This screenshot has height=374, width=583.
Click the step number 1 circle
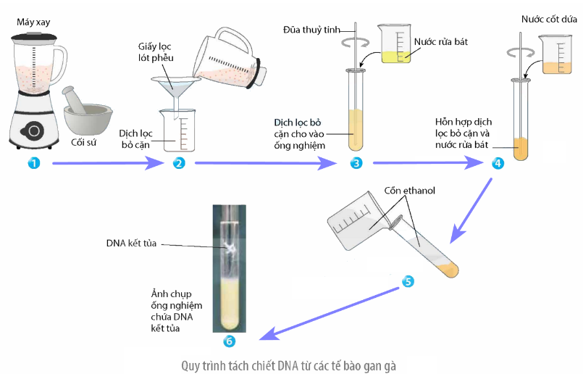[x=33, y=163]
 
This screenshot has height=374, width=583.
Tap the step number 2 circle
[x=179, y=163]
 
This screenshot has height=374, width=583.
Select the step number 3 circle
[x=356, y=163]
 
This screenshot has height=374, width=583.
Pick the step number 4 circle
[x=498, y=163]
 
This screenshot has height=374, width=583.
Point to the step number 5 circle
[x=408, y=280]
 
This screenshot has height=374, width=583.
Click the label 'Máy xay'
[x=34, y=23]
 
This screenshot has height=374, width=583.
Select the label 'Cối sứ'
[x=85, y=141]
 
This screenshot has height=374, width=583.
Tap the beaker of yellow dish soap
[x=395, y=46]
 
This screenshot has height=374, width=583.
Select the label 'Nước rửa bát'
[x=441, y=41]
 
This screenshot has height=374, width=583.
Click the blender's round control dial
[x=33, y=130]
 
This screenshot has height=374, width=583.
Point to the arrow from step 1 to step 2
[x=106, y=163]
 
